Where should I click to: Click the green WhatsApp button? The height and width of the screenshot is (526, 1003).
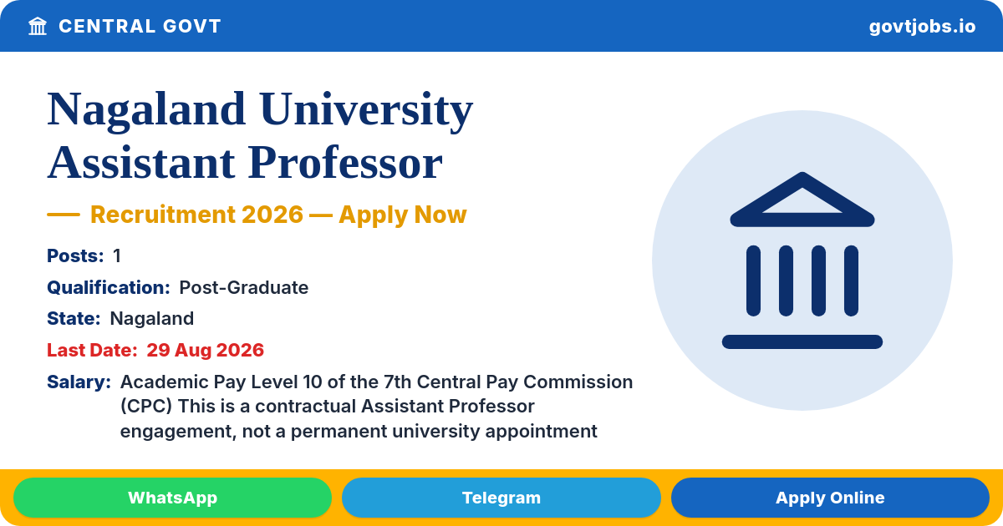[172, 498]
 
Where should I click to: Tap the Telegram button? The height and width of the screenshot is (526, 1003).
[501, 498]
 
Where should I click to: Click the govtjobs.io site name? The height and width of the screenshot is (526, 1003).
[922, 27]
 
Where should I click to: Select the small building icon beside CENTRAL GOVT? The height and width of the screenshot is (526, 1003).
[38, 27]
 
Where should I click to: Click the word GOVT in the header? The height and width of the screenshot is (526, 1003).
[192, 27]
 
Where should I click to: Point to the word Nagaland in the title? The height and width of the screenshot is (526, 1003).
[146, 110]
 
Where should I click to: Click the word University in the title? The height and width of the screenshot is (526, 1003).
[366, 110]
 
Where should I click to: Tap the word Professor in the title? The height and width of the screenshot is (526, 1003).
[345, 163]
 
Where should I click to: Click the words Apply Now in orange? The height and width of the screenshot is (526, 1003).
[403, 215]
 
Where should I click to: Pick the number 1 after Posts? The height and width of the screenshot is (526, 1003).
[117, 255]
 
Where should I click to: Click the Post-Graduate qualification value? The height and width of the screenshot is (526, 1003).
[243, 287]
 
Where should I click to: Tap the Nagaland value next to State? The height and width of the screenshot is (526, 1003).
[152, 319]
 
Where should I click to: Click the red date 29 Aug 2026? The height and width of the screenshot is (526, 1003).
[205, 350]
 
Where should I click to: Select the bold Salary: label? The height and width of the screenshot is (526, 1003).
[79, 382]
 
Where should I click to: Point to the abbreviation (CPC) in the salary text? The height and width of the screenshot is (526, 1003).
[146, 407]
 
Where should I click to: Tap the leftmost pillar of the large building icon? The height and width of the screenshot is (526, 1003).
[753, 281]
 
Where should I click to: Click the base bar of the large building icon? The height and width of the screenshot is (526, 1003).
[802, 341]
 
